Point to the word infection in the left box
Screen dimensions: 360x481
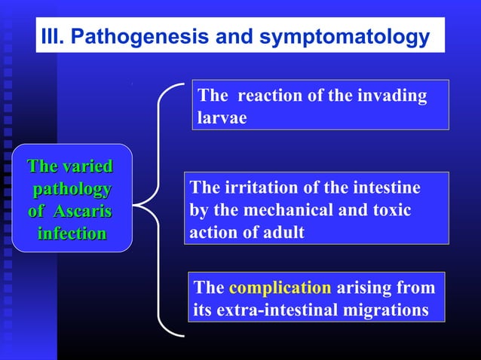tap(72, 233)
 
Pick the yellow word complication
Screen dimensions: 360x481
tap(280, 288)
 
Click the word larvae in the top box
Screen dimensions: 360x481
tap(222, 119)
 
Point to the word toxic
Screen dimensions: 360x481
tap(388, 210)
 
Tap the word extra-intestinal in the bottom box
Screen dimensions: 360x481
tap(278, 310)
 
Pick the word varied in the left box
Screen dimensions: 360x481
tap(87, 166)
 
